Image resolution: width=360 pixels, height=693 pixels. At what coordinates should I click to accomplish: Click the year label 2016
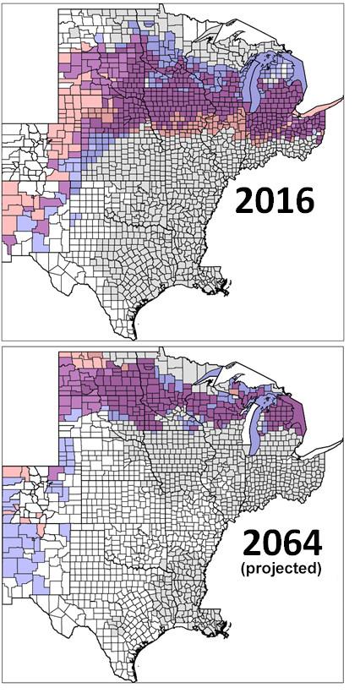click(274, 201)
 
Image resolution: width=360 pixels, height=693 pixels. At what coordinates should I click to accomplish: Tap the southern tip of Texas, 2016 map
click(134, 332)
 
